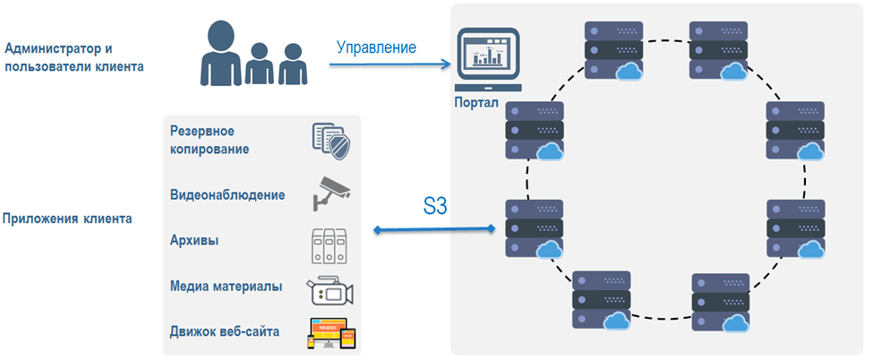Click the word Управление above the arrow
coord(376,47)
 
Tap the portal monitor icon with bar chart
coord(488,60)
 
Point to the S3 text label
coord(434,208)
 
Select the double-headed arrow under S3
coord(434,231)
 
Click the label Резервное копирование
coord(210,141)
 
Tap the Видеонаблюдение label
coord(227,194)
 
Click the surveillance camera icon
coord(331,191)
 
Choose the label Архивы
coord(194,240)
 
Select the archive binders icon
coord(330,241)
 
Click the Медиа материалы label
coord(226,287)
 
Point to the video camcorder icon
coord(330,290)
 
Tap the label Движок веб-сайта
coord(224,331)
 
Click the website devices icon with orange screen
coord(331,333)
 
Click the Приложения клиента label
coord(69,218)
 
